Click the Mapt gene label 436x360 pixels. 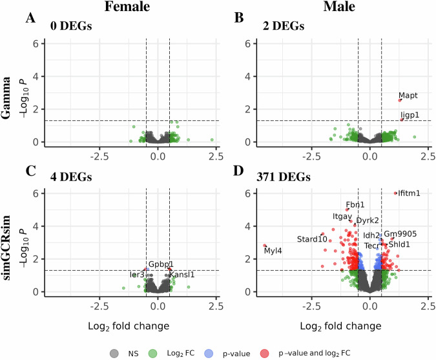(x=408, y=96)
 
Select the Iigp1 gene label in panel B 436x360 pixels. (x=410, y=115)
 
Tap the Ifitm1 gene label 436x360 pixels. (x=410, y=193)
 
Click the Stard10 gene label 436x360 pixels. (x=312, y=239)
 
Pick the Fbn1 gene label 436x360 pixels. (x=355, y=205)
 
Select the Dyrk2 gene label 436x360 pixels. (x=368, y=220)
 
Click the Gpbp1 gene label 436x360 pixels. (x=161, y=264)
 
